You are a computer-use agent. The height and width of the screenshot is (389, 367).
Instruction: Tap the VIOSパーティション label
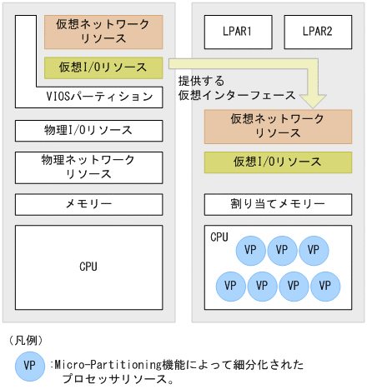pyautogui.click(x=100, y=97)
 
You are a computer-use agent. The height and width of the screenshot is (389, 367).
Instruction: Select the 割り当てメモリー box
pyautogui.click(x=277, y=202)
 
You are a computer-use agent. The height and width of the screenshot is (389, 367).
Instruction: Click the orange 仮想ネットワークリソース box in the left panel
pyautogui.click(x=103, y=32)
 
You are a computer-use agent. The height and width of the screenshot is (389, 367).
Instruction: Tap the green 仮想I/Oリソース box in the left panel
pyautogui.click(x=103, y=67)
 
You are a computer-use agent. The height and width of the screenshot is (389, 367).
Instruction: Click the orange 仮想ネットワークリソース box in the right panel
pyautogui.click(x=277, y=125)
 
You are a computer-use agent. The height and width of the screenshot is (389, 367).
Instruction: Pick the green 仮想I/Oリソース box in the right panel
pyautogui.click(x=277, y=161)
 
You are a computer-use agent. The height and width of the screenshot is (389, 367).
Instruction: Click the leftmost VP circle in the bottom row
pyautogui.click(x=231, y=286)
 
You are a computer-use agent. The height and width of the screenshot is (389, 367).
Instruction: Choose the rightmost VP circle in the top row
pyautogui.click(x=314, y=249)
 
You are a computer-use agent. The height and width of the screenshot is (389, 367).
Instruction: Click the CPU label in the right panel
pyautogui.click(x=219, y=237)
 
